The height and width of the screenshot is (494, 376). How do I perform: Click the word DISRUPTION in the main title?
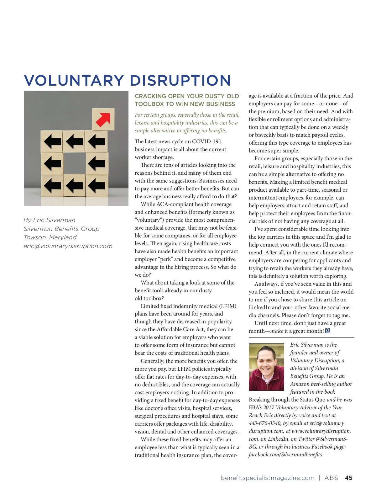pyautogui.click(x=180, y=80)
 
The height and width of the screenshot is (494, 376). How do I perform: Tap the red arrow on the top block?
pyautogui.click(x=103, y=119)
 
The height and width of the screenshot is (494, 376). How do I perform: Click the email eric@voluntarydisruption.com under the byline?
pyautogui.click(x=68, y=246)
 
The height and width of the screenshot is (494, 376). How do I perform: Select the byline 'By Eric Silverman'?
pyautogui.click(x=50, y=220)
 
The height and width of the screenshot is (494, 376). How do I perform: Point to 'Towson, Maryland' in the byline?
pyautogui.click(x=50, y=237)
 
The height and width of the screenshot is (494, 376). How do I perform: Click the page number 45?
pyautogui.click(x=348, y=478)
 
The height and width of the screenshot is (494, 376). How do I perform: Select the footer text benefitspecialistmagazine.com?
pyautogui.click(x=268, y=478)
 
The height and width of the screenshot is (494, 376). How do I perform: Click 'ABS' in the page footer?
pyautogui.click(x=331, y=478)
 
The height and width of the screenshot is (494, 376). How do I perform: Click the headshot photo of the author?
pyautogui.click(x=266, y=367)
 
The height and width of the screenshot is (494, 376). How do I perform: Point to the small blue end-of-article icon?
pyautogui.click(x=328, y=331)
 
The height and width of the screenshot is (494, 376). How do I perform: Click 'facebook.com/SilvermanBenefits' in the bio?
pyautogui.click(x=286, y=454)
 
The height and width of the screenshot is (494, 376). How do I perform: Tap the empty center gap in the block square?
pyautogui.click(x=74, y=163)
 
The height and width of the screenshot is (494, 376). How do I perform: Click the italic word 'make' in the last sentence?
pyautogui.click(x=276, y=331)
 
